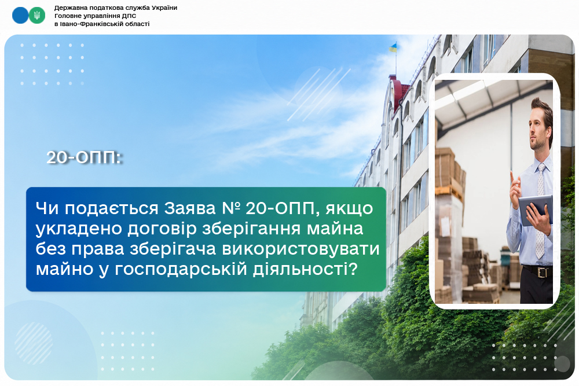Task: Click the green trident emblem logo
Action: (x=37, y=16)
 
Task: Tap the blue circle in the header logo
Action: (x=20, y=16)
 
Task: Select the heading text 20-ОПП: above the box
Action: (x=84, y=157)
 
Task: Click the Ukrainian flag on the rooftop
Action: (x=393, y=47)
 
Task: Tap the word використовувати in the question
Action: (x=301, y=249)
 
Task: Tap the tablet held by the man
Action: (x=536, y=209)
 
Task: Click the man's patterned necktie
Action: (x=540, y=210)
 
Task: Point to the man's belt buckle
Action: (x=542, y=273)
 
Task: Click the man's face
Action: (x=538, y=130)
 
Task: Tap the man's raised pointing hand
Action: (x=515, y=188)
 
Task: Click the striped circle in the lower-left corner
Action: (x=34, y=343)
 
